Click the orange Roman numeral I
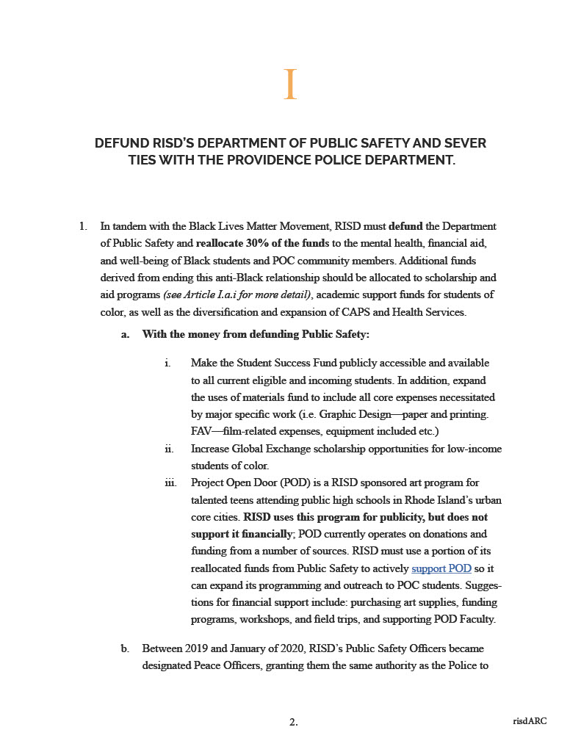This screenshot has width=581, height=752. click(290, 84)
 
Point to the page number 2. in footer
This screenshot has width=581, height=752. click(293, 722)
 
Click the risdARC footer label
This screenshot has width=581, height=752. click(530, 721)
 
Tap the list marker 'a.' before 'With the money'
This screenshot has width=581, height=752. click(126, 334)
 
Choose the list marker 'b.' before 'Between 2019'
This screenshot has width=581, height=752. click(126, 649)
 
